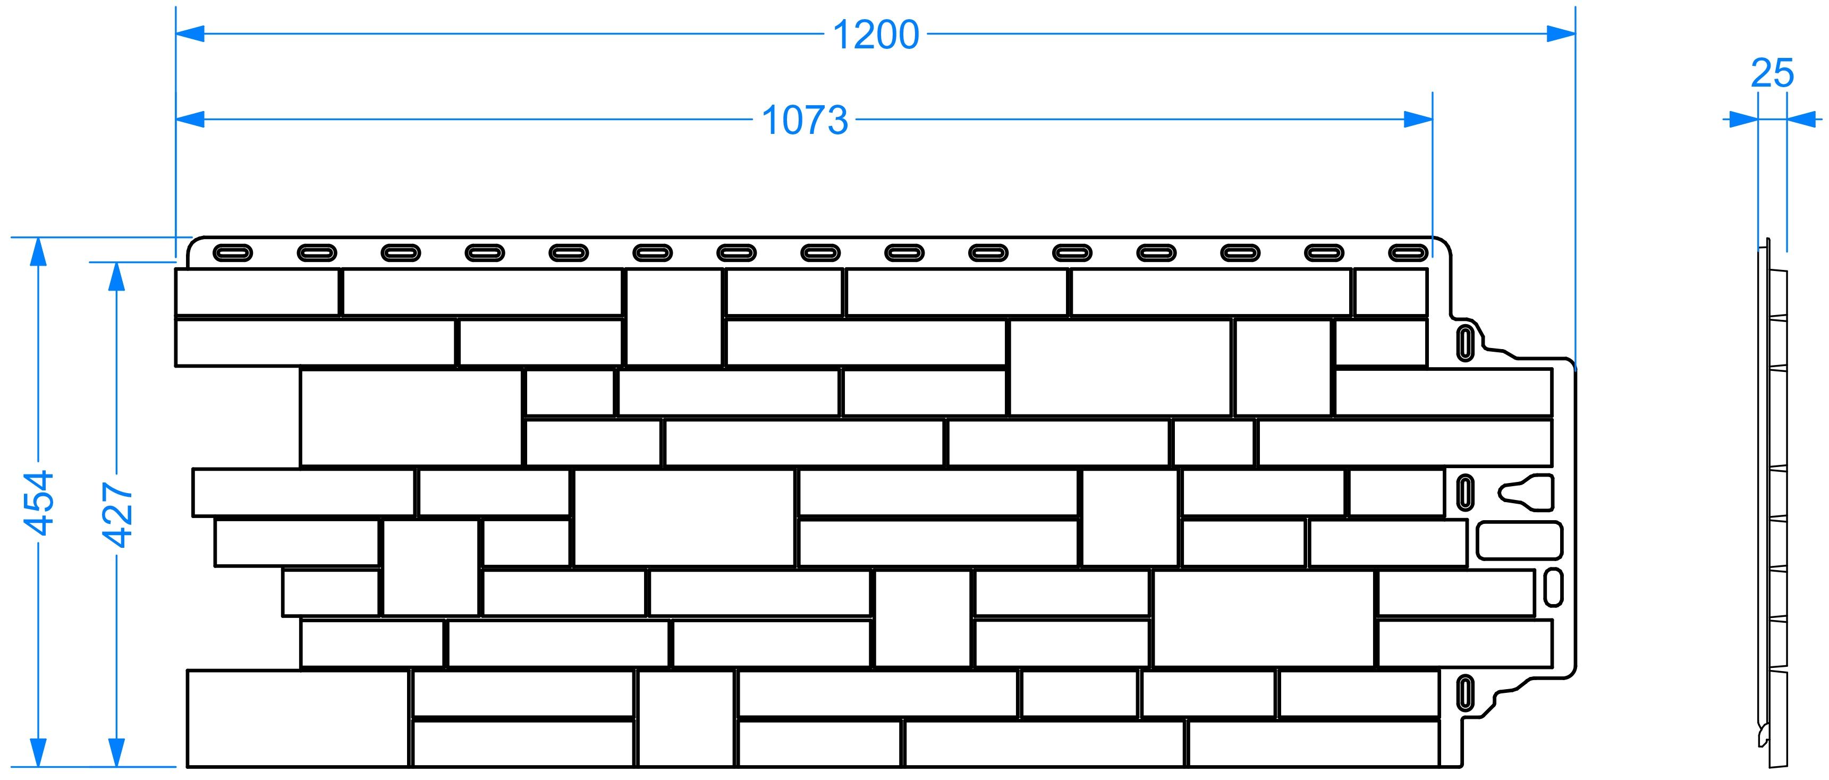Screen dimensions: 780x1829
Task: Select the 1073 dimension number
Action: coord(805,120)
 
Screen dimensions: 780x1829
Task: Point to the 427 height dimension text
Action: coord(118,514)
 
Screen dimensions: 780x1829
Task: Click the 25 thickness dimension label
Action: coord(1772,73)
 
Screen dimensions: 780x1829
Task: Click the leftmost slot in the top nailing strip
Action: coord(232,253)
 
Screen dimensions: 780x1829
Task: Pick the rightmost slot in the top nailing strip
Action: coord(1408,253)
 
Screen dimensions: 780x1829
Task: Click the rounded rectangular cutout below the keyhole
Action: coord(1519,541)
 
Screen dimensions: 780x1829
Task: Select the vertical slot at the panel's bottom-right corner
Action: coord(1465,692)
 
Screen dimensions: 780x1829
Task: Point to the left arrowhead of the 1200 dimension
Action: coord(190,33)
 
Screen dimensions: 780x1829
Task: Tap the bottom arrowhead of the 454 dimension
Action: coord(38,752)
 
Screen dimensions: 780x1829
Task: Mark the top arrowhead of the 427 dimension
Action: coord(116,277)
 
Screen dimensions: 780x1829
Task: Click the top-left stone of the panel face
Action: coord(257,292)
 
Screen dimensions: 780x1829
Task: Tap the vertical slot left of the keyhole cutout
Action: coord(1465,492)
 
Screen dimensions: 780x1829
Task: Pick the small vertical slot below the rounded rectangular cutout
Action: coord(1554,587)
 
